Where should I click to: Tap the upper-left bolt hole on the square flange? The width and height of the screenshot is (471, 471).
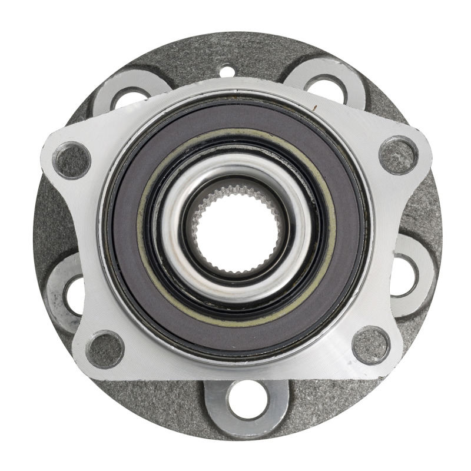tap(72, 160)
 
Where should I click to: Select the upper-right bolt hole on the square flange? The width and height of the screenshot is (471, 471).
tap(399, 155)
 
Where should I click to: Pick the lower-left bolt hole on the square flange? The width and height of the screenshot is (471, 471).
tap(105, 349)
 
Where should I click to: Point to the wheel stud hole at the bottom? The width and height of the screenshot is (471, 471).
tap(246, 400)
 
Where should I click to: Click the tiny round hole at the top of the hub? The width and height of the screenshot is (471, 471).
tap(227, 72)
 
